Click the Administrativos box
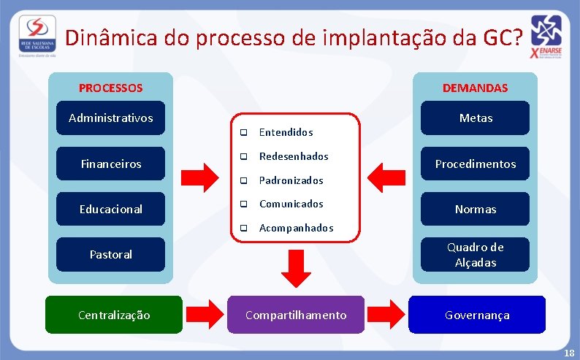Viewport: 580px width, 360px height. point(111,118)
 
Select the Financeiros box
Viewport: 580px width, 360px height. point(111,164)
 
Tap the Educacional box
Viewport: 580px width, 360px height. point(111,210)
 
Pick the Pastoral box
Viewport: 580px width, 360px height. point(111,255)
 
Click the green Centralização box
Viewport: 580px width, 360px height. point(114,315)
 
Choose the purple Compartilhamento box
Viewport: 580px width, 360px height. point(296,315)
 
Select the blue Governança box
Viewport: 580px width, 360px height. point(477,315)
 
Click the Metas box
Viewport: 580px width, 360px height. point(476,118)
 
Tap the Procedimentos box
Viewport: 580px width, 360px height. point(476,164)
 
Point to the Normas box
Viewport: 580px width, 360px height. point(476,210)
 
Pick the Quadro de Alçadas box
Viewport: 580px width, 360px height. point(476,255)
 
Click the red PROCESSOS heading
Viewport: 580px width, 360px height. point(111,88)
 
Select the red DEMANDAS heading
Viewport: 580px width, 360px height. point(475,88)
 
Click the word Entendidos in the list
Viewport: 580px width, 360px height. point(286,132)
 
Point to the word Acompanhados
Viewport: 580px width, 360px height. point(296,228)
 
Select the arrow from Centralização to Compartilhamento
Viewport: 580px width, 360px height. point(205,315)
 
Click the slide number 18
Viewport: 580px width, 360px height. point(568,353)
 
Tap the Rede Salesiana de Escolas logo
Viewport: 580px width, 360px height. point(35,34)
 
